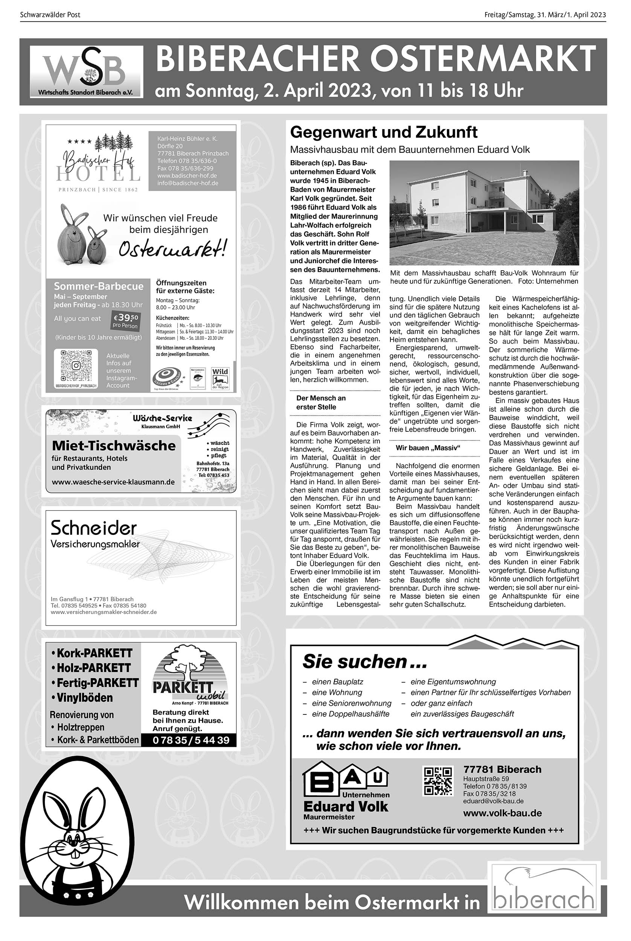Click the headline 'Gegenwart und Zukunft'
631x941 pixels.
(x=384, y=132)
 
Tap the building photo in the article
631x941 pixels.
(x=484, y=212)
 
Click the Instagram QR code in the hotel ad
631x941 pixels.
(x=76, y=365)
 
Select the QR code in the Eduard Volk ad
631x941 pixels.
(x=438, y=781)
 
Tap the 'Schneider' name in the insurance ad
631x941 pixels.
(x=94, y=527)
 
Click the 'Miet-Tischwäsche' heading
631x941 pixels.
(x=114, y=446)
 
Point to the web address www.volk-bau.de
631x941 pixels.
(x=502, y=813)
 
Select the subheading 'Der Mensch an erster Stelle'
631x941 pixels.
(x=321, y=402)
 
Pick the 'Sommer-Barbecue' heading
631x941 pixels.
(x=99, y=286)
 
